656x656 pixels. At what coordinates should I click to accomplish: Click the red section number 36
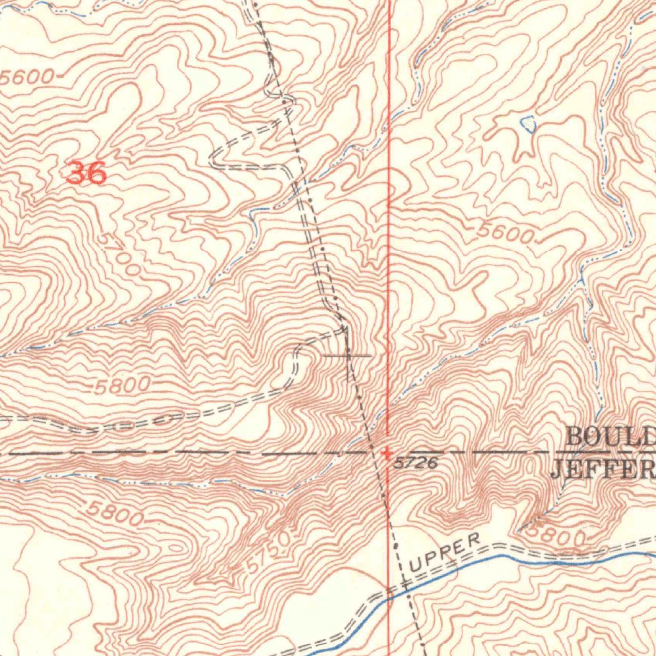[86, 173]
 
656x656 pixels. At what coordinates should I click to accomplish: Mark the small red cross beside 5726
[387, 453]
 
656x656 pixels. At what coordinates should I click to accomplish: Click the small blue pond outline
[529, 124]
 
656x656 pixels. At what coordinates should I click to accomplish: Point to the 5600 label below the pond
[505, 234]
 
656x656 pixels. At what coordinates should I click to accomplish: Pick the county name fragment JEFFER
[602, 469]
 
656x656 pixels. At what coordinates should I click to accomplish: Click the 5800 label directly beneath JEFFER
[557, 535]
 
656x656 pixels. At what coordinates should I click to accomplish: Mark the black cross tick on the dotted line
[348, 354]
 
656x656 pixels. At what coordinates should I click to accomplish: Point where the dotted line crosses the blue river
[405, 586]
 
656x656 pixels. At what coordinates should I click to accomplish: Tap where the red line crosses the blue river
[389, 594]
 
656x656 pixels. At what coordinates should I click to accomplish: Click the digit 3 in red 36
[76, 173]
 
